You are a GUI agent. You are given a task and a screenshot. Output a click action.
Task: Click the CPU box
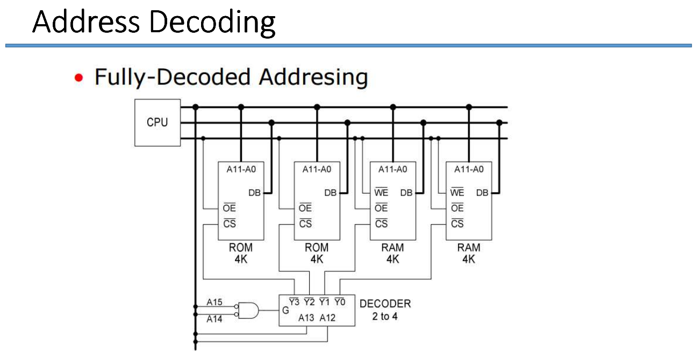click(157, 123)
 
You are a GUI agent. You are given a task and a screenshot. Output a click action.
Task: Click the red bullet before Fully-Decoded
click(80, 78)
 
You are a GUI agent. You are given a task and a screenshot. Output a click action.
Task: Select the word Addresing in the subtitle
click(313, 77)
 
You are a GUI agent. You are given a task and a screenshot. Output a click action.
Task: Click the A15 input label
click(214, 303)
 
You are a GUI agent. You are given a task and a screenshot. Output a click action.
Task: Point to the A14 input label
click(214, 319)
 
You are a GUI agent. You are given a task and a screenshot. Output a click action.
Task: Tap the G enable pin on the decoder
click(285, 311)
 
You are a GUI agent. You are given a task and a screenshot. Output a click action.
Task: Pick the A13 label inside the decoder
click(306, 318)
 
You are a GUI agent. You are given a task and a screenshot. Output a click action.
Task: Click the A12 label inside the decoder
click(327, 318)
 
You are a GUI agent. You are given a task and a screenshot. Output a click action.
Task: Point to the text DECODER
click(385, 304)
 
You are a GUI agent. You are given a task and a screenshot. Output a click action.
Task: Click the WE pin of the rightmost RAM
click(457, 193)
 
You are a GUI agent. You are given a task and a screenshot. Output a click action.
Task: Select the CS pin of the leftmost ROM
click(230, 224)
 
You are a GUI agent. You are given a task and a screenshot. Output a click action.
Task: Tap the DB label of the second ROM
click(330, 193)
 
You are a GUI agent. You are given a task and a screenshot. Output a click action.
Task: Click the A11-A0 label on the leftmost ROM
click(240, 170)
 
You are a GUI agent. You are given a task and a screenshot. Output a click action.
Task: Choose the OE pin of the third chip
click(381, 208)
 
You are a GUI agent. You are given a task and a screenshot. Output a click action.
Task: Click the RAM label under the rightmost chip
click(468, 248)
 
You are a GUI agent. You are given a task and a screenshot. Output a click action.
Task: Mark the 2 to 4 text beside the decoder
click(385, 316)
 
